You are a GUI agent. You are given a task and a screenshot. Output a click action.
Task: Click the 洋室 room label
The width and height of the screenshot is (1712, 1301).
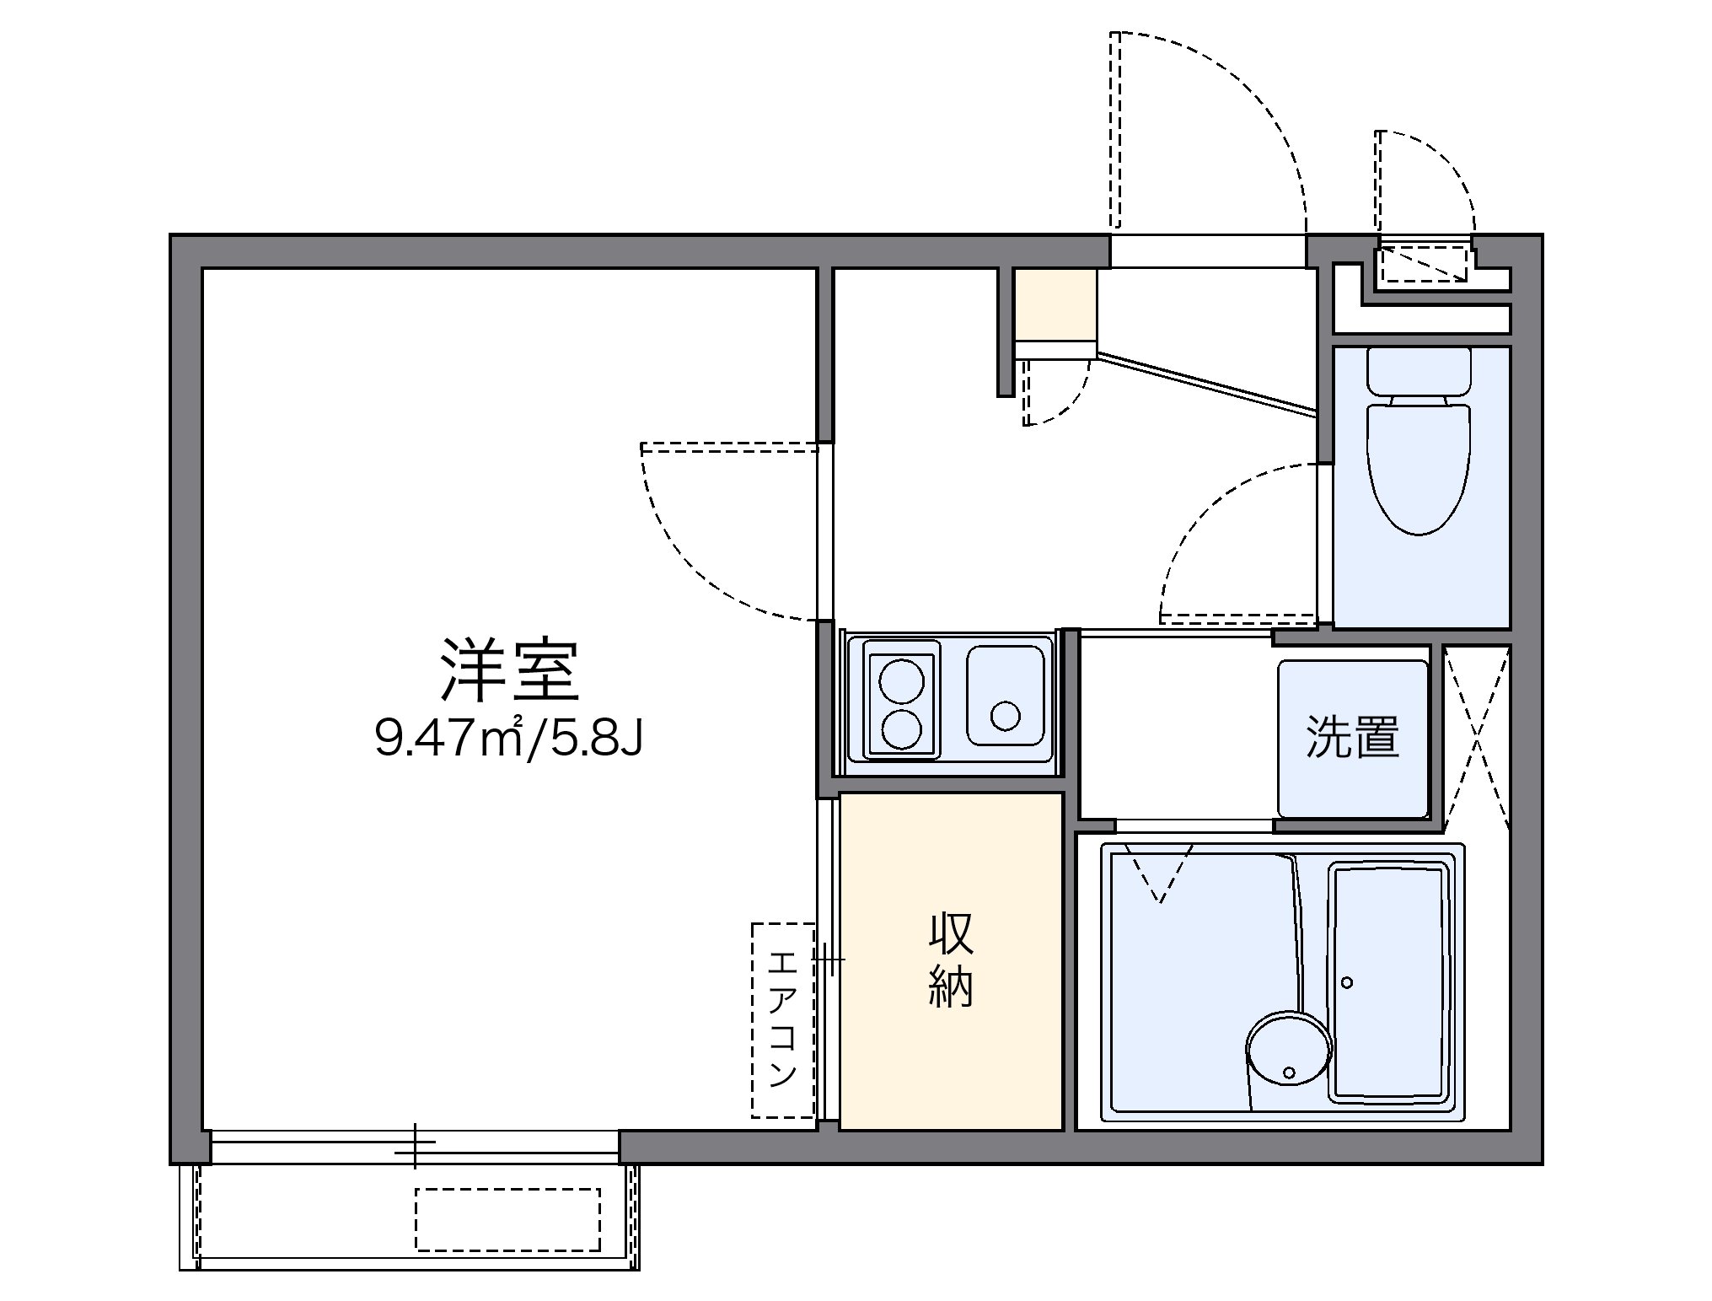(x=510, y=672)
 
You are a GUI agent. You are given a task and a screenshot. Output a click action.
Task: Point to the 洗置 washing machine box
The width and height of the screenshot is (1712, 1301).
(x=1352, y=738)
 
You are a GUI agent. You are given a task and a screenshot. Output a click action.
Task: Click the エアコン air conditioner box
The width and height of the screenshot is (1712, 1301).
(x=783, y=1019)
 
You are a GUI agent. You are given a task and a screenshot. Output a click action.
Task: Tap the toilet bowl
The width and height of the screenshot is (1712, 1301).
(x=1418, y=468)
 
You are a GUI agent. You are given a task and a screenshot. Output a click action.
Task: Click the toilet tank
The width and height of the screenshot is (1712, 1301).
(x=1418, y=371)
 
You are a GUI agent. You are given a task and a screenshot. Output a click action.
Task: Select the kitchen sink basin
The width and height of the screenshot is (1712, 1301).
(x=1006, y=696)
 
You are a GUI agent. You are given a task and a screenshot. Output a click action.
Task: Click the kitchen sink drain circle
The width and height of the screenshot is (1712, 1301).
(x=1006, y=716)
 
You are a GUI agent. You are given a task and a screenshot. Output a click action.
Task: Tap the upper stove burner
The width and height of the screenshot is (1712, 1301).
(x=900, y=681)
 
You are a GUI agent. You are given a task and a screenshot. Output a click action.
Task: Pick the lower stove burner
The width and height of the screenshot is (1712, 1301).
(x=900, y=728)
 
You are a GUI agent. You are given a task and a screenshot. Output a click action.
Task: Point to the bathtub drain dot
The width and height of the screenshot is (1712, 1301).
(x=1346, y=982)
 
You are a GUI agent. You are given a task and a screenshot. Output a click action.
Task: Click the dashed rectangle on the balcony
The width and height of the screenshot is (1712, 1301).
(x=507, y=1219)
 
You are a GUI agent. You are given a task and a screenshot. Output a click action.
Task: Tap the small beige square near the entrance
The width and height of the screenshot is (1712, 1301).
(x=1055, y=304)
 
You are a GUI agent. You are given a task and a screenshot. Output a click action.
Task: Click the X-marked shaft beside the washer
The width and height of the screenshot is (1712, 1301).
(x=1476, y=739)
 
